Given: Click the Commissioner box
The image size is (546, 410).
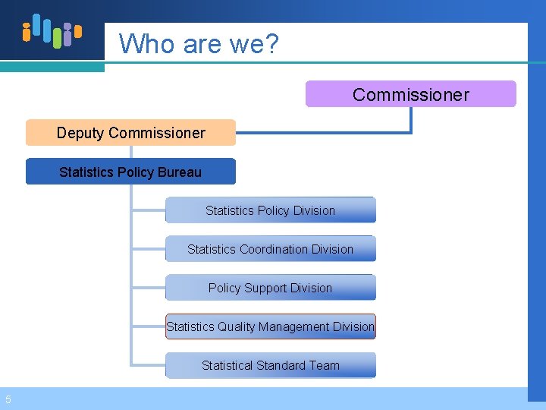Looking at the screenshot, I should pos(410,94).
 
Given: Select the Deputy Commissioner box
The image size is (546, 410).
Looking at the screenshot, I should pos(130,133).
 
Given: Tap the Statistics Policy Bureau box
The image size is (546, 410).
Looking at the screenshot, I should pos(130,172).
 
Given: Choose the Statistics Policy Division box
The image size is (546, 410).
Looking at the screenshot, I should pos(270,210).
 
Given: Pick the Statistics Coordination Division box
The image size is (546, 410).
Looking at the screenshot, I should pos(270,249).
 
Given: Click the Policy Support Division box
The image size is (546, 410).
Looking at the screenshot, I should pos(270,288).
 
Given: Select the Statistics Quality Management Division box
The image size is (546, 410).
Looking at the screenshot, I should pos(270,326).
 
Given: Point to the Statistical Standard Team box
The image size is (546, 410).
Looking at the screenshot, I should pos(270,365).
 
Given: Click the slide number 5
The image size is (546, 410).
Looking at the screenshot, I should pos(7,399).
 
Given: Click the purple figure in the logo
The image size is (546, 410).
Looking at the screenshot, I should pos(68,36).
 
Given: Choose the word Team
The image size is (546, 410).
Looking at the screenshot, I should pos(324,365).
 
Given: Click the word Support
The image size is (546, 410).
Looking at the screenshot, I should pos(271,288).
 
